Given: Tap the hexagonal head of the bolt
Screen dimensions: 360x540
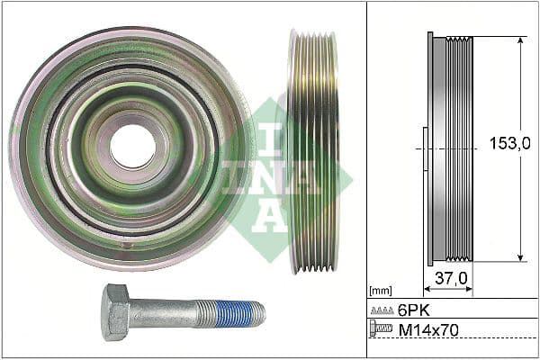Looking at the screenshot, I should (x=115, y=311).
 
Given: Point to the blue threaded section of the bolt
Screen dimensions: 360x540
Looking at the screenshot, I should (x=241, y=313).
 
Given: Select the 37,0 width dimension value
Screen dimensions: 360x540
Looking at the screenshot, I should (x=450, y=279).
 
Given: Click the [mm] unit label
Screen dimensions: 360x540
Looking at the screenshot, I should (x=382, y=291).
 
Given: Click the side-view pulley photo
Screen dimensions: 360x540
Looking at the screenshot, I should (x=313, y=151).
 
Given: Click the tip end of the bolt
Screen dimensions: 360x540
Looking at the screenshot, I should (x=264, y=313).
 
